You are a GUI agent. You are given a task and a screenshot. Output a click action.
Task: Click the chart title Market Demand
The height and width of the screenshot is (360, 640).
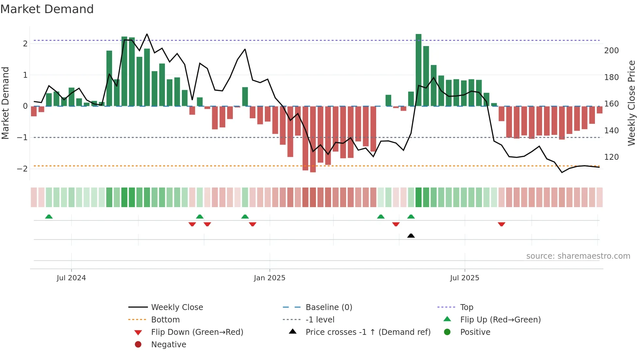(47, 9)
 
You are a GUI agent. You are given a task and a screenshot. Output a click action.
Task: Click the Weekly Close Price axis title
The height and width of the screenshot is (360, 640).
(632, 103)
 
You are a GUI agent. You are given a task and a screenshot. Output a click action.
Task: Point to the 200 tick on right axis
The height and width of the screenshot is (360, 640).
(611, 51)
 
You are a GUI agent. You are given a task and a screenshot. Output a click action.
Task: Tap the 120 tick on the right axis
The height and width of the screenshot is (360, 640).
(611, 157)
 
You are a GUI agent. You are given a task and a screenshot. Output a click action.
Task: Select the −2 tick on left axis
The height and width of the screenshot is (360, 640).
(22, 169)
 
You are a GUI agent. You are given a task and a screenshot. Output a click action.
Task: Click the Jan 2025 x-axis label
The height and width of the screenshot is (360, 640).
(269, 278)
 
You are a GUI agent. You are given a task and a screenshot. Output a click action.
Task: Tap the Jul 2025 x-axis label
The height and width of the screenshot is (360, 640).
(464, 278)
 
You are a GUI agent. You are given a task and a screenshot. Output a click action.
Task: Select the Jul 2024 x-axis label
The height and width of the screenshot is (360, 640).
(71, 278)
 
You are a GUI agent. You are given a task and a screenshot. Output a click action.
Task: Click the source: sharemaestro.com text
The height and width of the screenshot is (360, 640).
(578, 256)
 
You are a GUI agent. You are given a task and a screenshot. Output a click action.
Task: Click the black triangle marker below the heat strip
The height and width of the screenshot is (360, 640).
(411, 236)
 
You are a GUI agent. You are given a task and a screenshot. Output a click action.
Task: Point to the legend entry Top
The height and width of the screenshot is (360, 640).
(466, 307)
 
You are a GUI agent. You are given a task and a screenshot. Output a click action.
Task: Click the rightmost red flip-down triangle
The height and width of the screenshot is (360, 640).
(502, 224)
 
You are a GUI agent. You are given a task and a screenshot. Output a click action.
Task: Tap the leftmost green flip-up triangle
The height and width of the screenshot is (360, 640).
(49, 217)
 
